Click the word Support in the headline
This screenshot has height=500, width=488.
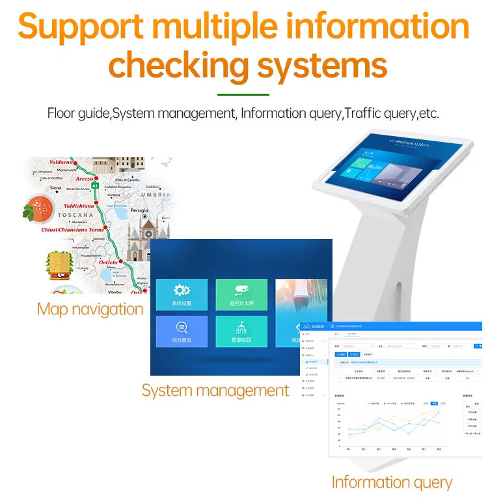click(x=79, y=27)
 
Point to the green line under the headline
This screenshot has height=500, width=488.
click(x=243, y=94)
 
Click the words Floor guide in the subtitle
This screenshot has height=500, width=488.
click(x=79, y=113)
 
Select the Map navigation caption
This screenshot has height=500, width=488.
click(x=90, y=309)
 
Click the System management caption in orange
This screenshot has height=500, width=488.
click(x=215, y=390)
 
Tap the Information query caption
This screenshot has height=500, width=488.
click(x=391, y=482)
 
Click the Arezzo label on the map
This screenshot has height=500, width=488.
click(x=85, y=178)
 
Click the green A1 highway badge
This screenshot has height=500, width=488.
click(x=94, y=186)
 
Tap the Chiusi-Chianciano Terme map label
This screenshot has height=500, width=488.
click(x=73, y=229)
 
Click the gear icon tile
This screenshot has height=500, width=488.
click(x=182, y=295)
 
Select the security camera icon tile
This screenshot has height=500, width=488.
click(x=241, y=295)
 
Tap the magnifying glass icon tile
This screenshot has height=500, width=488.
click(x=182, y=331)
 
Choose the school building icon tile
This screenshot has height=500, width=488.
click(x=241, y=331)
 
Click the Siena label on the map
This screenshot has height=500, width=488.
click(x=55, y=187)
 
